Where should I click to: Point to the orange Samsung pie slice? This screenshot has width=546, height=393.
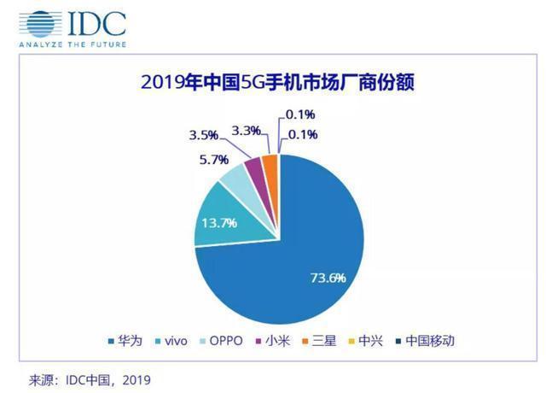270,161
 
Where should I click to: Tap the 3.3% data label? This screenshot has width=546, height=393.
246,131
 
